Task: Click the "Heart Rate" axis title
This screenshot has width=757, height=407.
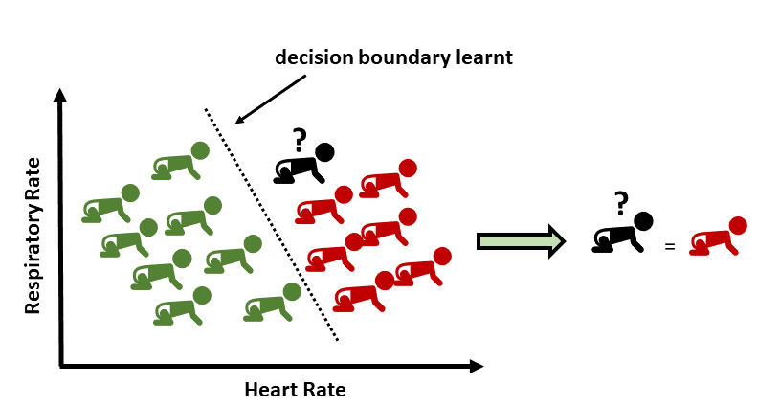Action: (295, 390)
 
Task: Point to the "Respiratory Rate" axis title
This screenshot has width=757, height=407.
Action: (33, 236)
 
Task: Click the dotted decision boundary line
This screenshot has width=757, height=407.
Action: (272, 225)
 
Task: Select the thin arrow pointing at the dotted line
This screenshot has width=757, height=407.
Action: (270, 99)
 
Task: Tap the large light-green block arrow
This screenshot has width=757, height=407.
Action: (521, 241)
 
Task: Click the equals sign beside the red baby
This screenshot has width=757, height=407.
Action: (669, 246)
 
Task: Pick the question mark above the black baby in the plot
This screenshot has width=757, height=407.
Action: (300, 140)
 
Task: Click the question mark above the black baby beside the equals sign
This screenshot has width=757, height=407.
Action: (621, 203)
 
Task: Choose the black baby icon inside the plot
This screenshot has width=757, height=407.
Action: (304, 164)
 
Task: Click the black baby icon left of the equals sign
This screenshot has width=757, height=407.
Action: (622, 233)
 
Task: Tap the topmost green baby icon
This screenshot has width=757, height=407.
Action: (180, 161)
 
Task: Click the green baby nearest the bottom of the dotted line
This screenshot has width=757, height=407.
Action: (273, 302)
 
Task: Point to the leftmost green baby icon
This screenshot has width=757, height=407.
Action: (111, 203)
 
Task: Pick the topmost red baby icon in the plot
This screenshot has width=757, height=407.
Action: (389, 178)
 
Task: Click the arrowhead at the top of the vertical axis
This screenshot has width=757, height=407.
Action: (60, 95)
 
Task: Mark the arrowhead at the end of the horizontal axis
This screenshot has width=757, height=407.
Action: (476, 367)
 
